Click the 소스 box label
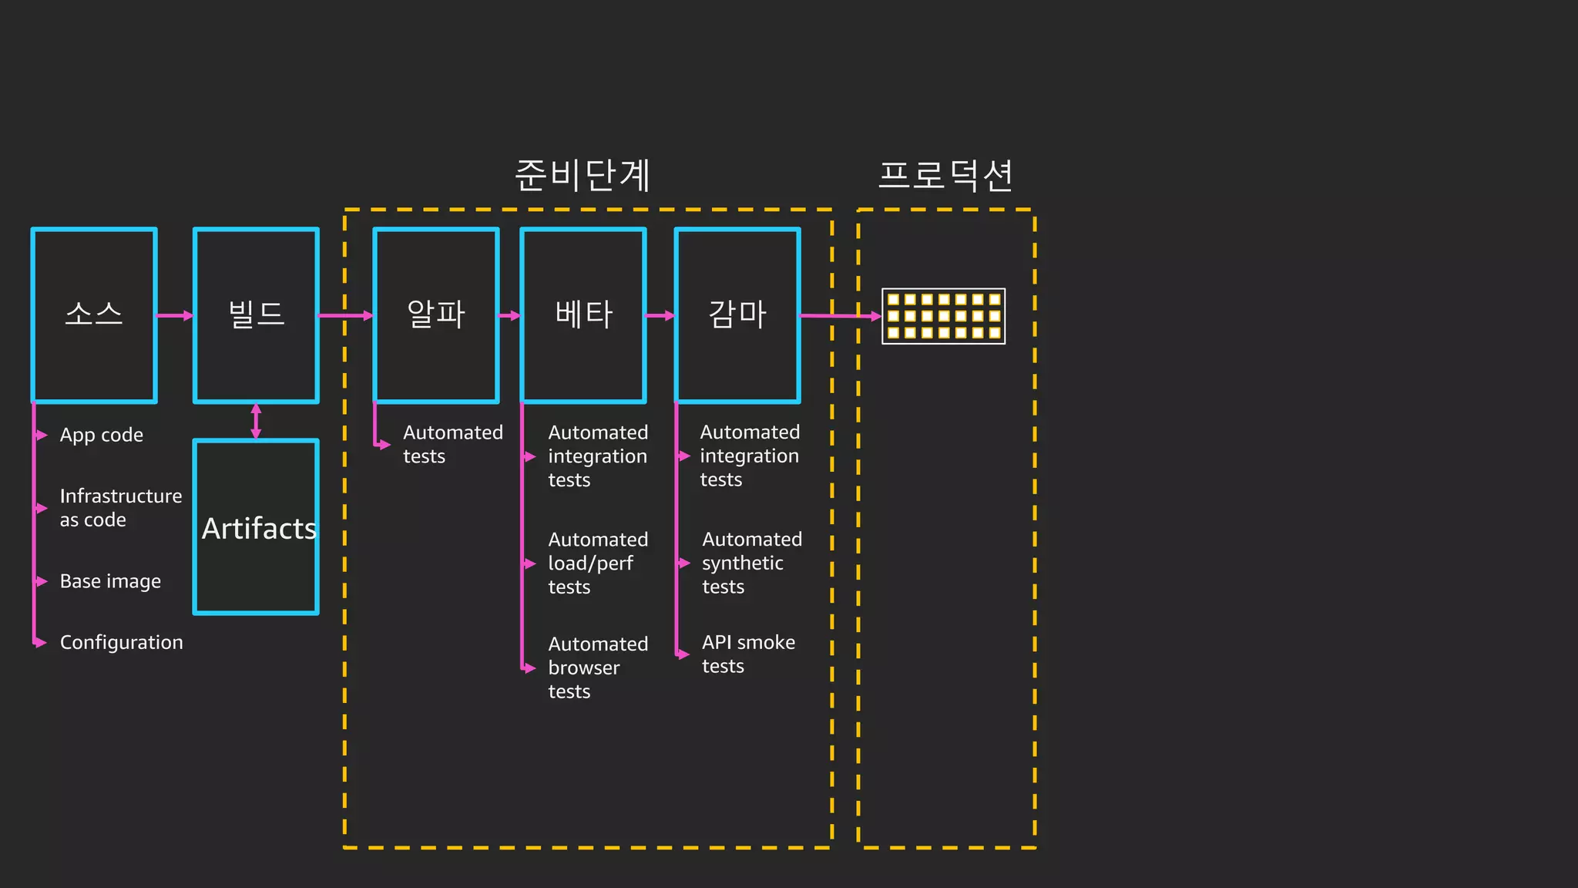(x=94, y=314)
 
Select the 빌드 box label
(x=257, y=314)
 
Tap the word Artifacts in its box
(x=259, y=529)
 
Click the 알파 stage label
(x=436, y=314)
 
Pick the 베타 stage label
(x=584, y=314)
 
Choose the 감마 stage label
(x=737, y=314)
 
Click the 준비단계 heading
(x=583, y=176)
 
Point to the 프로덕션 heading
(x=945, y=176)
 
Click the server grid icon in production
(x=943, y=316)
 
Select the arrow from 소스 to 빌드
(x=175, y=315)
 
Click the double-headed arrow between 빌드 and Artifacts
(x=256, y=421)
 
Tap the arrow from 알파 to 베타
(x=510, y=315)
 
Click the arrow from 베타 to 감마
(x=660, y=315)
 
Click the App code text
(x=102, y=436)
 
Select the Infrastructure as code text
(x=120, y=508)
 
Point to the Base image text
(x=110, y=581)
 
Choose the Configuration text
(x=121, y=642)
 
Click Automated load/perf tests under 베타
(x=597, y=563)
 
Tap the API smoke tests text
(x=747, y=654)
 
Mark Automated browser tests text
(x=597, y=668)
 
